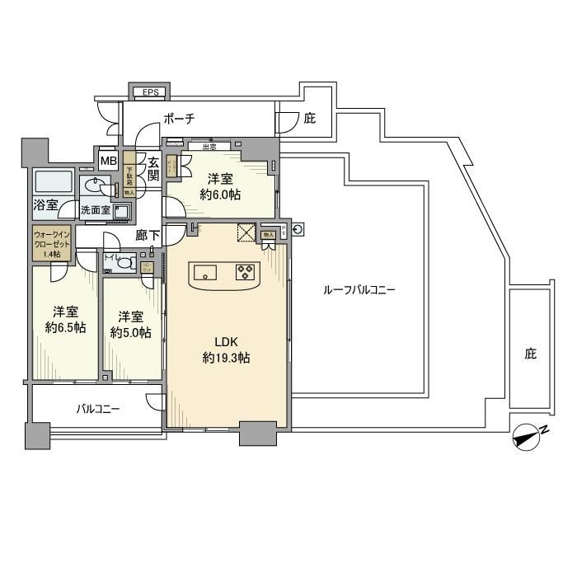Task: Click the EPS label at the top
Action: [150, 92]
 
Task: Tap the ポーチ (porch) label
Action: [179, 119]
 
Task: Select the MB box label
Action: [108, 160]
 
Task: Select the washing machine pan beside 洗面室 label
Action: [123, 212]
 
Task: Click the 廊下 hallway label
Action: [148, 235]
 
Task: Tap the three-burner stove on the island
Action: [246, 271]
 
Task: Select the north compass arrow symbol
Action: [524, 437]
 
